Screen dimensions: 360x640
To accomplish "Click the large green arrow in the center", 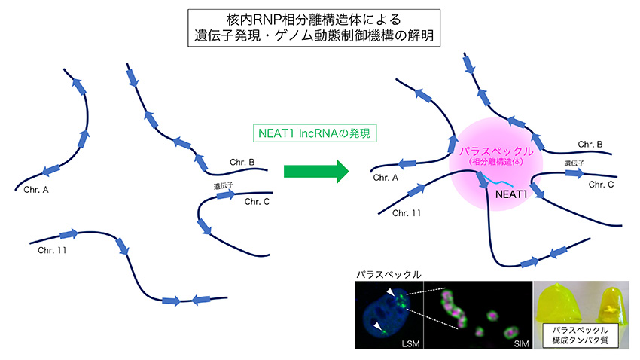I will [x=315, y=169].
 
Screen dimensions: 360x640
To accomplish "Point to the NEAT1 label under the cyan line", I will [x=510, y=194].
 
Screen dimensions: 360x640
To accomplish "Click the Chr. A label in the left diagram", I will [x=36, y=189].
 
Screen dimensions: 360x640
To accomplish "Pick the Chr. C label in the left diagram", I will [x=257, y=201].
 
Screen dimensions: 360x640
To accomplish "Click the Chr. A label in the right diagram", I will [x=386, y=178].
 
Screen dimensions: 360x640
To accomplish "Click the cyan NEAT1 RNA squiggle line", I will [x=500, y=179].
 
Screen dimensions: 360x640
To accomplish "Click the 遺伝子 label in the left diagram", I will [x=224, y=183].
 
